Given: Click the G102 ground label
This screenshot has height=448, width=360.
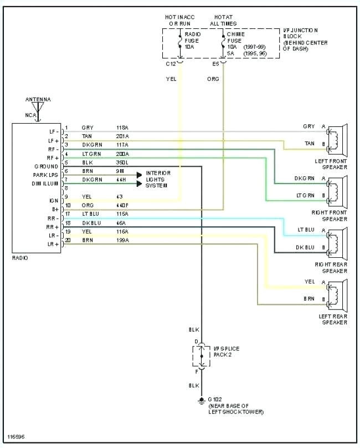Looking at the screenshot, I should click(x=213, y=399).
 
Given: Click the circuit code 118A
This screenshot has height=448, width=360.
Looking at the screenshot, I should click(x=122, y=128).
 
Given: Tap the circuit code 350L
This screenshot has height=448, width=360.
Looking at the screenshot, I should click(x=122, y=162).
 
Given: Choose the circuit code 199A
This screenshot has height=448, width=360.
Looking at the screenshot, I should click(x=122, y=240).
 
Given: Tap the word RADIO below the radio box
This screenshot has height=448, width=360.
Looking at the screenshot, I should click(x=20, y=258).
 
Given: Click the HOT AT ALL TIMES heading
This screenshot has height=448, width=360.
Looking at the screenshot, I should click(x=223, y=21).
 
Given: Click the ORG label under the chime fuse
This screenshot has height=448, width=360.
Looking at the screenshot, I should click(x=213, y=79).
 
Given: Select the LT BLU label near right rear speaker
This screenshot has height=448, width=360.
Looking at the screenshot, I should click(x=306, y=230).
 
